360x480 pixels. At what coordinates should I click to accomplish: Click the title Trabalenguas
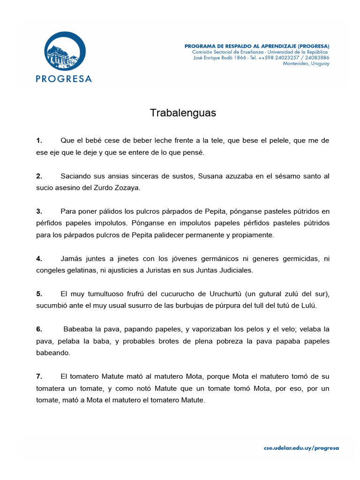[183, 113]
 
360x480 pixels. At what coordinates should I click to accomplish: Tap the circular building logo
[65, 52]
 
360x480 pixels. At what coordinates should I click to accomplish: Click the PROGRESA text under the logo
[64, 78]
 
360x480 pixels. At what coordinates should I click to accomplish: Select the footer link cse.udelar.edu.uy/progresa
[301, 448]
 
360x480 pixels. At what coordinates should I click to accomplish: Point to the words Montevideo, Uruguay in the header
[306, 64]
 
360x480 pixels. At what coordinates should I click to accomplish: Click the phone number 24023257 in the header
[279, 58]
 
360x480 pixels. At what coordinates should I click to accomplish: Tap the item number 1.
[39, 141]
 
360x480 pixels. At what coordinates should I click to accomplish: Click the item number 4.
[39, 258]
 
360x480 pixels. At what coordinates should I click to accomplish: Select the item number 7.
[39, 376]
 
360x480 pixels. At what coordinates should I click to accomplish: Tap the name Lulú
[309, 306]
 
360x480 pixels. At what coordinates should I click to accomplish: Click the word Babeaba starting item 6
[79, 329]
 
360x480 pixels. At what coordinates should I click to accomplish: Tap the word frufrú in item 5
[126, 293]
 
